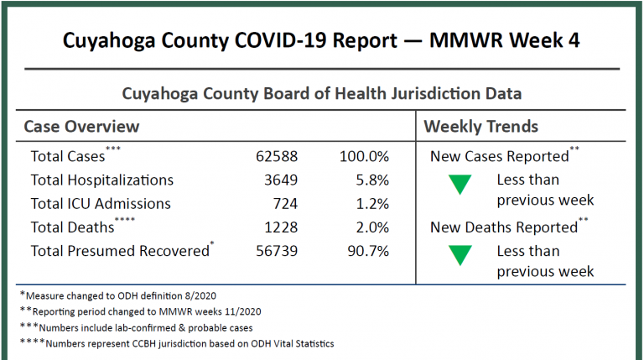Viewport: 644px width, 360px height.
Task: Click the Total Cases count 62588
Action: pos(277,156)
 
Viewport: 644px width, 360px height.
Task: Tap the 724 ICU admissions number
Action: pos(283,203)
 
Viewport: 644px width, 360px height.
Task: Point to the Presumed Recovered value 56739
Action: pos(277,250)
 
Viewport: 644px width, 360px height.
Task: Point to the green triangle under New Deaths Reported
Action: pos(460,256)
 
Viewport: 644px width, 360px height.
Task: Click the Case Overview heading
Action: pos(81,127)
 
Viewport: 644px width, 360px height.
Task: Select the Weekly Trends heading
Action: pos(480,127)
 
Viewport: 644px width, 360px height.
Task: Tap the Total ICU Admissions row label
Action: pos(101,203)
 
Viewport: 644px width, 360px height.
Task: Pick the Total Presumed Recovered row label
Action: pos(119,250)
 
